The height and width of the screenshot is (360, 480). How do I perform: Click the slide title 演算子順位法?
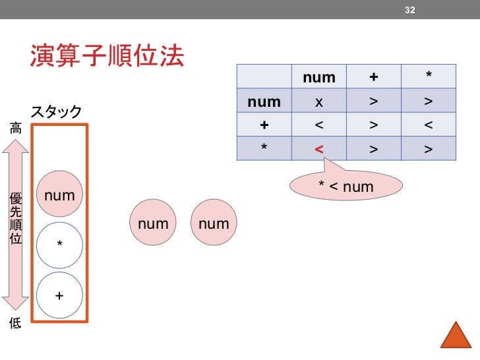tap(106, 57)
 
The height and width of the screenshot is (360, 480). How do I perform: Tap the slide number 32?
tap(410, 9)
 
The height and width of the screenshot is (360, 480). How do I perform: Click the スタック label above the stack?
tap(56, 111)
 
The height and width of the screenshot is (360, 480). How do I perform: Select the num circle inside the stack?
tap(59, 195)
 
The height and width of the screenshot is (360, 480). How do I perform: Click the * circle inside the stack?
tap(59, 245)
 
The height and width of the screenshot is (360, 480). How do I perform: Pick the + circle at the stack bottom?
tap(59, 295)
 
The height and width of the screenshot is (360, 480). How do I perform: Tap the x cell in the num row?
tap(319, 102)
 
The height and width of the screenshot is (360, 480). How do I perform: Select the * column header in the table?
tap(429, 78)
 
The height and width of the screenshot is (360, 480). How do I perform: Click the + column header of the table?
tap(374, 78)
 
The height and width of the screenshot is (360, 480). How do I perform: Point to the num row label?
tap(264, 102)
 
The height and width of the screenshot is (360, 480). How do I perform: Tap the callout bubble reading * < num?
tap(346, 187)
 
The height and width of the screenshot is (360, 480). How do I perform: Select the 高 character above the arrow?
tap(15, 129)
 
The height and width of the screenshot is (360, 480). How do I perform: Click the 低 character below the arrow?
tap(15, 323)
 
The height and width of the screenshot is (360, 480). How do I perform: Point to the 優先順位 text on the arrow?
tap(15, 218)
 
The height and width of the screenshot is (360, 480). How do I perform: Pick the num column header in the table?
tap(319, 78)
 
